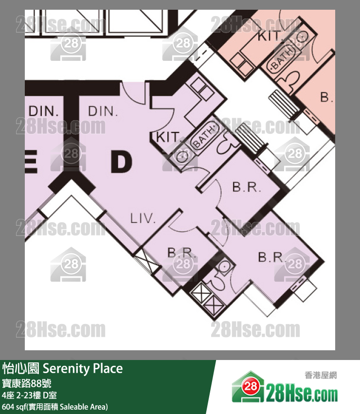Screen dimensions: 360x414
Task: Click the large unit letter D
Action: (121, 162)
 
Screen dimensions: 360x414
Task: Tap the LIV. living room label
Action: (143, 218)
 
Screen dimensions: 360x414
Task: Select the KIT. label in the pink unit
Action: (270, 36)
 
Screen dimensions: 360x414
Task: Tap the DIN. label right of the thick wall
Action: (103, 111)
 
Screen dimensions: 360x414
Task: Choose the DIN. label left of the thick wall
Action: (43, 111)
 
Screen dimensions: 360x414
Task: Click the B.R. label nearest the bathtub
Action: (247, 187)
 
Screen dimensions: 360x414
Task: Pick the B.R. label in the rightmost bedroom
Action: (271, 257)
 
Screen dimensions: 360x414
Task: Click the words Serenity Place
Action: (83, 369)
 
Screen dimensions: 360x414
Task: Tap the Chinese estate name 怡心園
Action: (21, 368)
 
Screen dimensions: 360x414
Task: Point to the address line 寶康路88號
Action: (26, 383)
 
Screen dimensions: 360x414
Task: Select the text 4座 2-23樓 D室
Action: (29, 395)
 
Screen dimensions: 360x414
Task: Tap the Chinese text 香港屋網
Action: (321, 375)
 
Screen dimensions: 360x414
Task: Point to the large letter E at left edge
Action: (31, 162)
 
